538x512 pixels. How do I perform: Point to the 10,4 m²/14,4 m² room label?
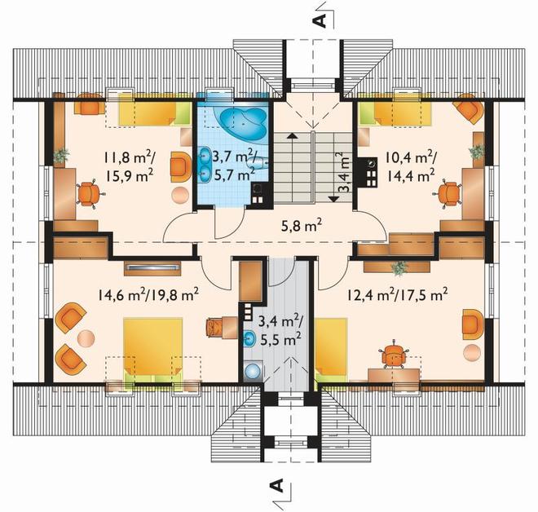click(x=410, y=167)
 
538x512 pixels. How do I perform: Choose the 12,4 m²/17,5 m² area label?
click(x=397, y=294)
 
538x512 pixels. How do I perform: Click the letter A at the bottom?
click(x=276, y=486)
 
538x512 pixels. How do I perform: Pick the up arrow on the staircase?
click(x=292, y=135)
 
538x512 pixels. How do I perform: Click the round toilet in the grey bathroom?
click(x=254, y=371)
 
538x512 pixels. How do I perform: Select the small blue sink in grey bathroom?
click(x=249, y=338)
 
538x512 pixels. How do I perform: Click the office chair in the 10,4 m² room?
click(x=448, y=194)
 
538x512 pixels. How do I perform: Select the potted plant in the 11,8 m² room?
click(x=61, y=155)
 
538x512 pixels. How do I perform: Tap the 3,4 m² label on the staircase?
click(x=344, y=171)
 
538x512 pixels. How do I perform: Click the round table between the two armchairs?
click(x=86, y=338)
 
